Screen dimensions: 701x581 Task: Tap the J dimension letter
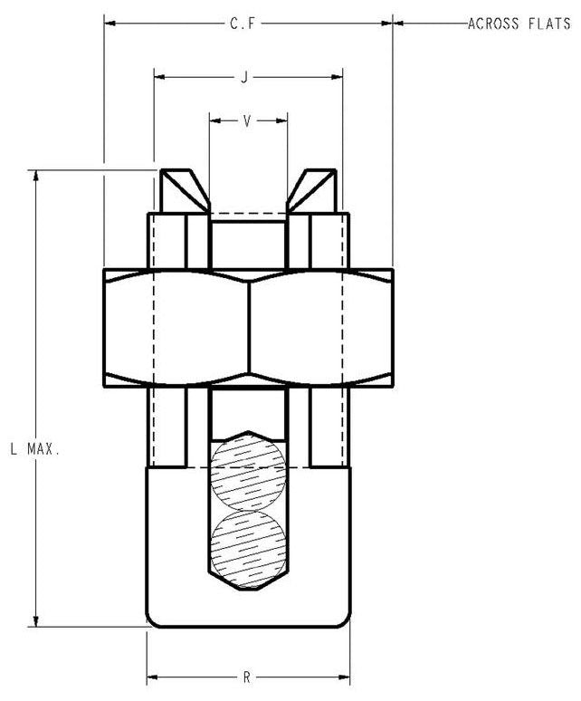244,78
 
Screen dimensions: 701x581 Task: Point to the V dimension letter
247,120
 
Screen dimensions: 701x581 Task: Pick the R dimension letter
246,677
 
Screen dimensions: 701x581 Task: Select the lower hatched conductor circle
246,545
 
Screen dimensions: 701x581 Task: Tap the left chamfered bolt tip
185,189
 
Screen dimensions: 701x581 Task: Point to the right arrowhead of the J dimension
337,78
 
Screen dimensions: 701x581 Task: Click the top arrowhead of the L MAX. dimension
35,176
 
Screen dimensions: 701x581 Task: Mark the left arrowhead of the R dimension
153,677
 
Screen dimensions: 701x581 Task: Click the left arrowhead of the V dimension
214,120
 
